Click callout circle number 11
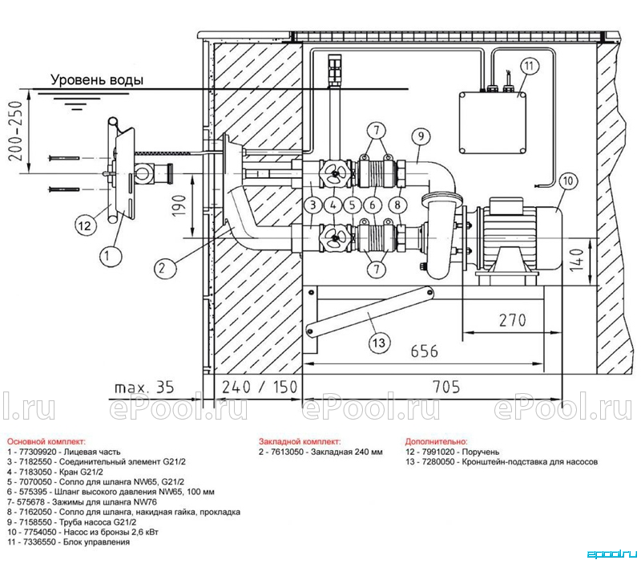tap(529, 66)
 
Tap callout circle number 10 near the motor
tap(569, 181)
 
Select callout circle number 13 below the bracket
tap(379, 342)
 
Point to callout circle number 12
tap(86, 225)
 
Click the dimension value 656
tap(425, 351)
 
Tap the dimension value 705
tap(446, 387)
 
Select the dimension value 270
tap(513, 319)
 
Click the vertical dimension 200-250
tap(17, 131)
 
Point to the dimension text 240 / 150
tap(260, 387)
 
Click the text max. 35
tap(144, 387)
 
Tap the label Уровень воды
tap(97, 79)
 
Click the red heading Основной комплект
tap(46, 441)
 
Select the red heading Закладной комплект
tap(300, 441)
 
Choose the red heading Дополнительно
tap(436, 441)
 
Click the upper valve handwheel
tap(334, 173)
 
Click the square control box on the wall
tap(492, 123)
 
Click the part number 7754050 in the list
tap(38, 532)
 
